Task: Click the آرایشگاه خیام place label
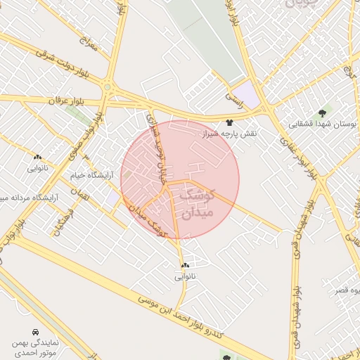(88, 174)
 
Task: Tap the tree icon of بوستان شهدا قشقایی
(323, 112)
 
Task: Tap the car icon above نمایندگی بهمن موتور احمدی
(35, 330)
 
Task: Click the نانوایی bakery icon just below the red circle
(185, 266)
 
